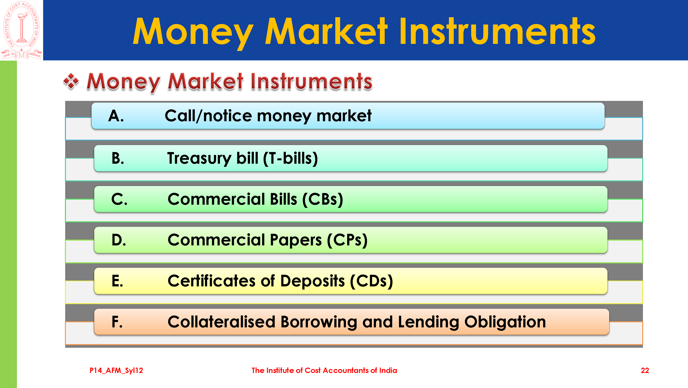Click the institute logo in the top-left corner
[x=21, y=30]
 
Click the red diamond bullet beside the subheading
[x=71, y=81]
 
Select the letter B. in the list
[x=118, y=158]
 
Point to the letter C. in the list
[x=119, y=199]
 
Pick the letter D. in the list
[x=119, y=240]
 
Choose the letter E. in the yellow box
[x=117, y=281]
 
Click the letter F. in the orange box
[x=117, y=322]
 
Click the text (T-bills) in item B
[x=290, y=159]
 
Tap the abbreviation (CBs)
[x=323, y=200]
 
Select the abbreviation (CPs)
[x=347, y=240]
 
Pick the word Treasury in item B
[x=199, y=159]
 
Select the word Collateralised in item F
[x=221, y=322]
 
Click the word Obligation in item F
[x=505, y=322]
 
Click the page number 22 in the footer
[x=645, y=370]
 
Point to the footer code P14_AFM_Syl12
[x=116, y=371]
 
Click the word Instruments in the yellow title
[x=497, y=31]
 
